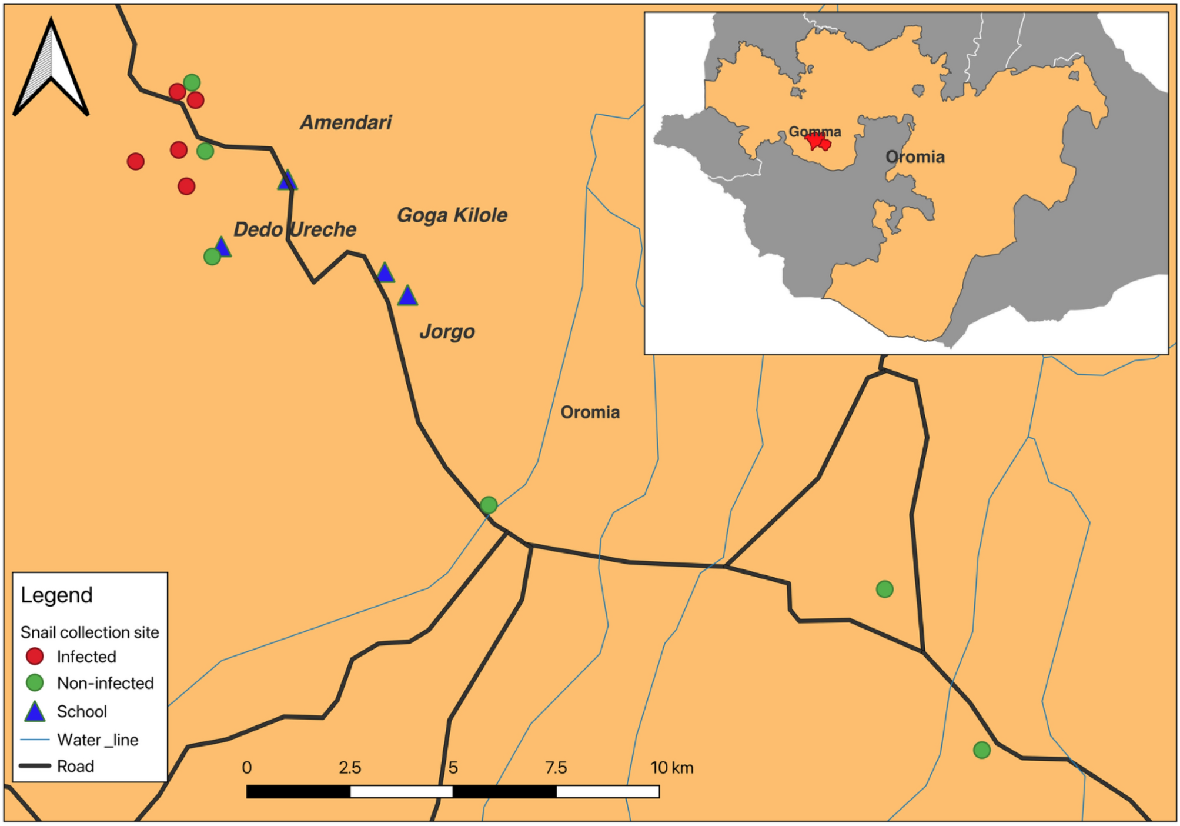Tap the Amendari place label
click(346, 122)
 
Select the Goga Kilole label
click(452, 215)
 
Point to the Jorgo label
click(447, 332)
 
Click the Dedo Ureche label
click(295, 229)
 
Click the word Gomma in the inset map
click(814, 132)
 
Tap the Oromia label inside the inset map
click(915, 157)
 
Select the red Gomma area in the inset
click(817, 142)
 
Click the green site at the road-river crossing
click(489, 505)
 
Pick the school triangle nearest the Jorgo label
click(407, 296)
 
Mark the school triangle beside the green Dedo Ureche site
click(222, 248)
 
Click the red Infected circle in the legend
click(35, 656)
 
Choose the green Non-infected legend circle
click(35, 682)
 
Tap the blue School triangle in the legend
click(35, 712)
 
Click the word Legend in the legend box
click(56, 595)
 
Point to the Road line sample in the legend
click(35, 766)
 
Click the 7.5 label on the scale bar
click(556, 768)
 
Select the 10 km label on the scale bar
click(671, 768)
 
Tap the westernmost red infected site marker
click(136, 161)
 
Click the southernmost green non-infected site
click(981, 750)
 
